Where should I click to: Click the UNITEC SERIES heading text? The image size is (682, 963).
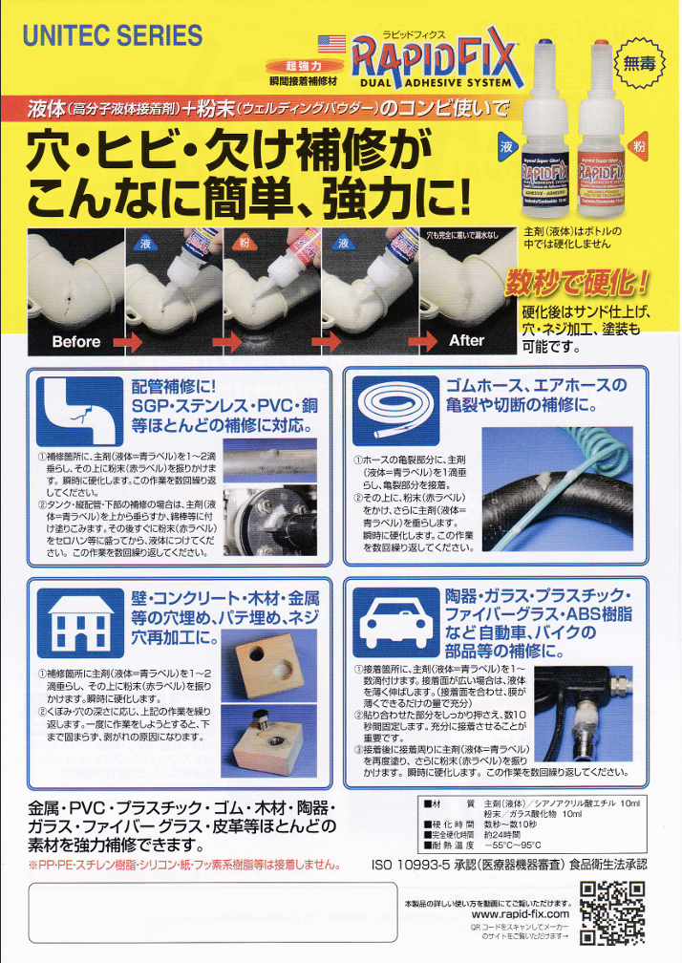pos(113,36)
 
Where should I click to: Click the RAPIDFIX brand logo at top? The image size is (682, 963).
pos(436,58)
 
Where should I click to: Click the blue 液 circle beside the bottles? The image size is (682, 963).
pos(507,147)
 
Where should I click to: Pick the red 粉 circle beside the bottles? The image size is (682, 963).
pos(639,148)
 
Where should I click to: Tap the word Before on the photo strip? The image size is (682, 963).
pos(76,341)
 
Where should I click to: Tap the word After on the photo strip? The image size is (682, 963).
pos(466,340)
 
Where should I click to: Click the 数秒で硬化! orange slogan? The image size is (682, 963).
pos(577,284)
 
